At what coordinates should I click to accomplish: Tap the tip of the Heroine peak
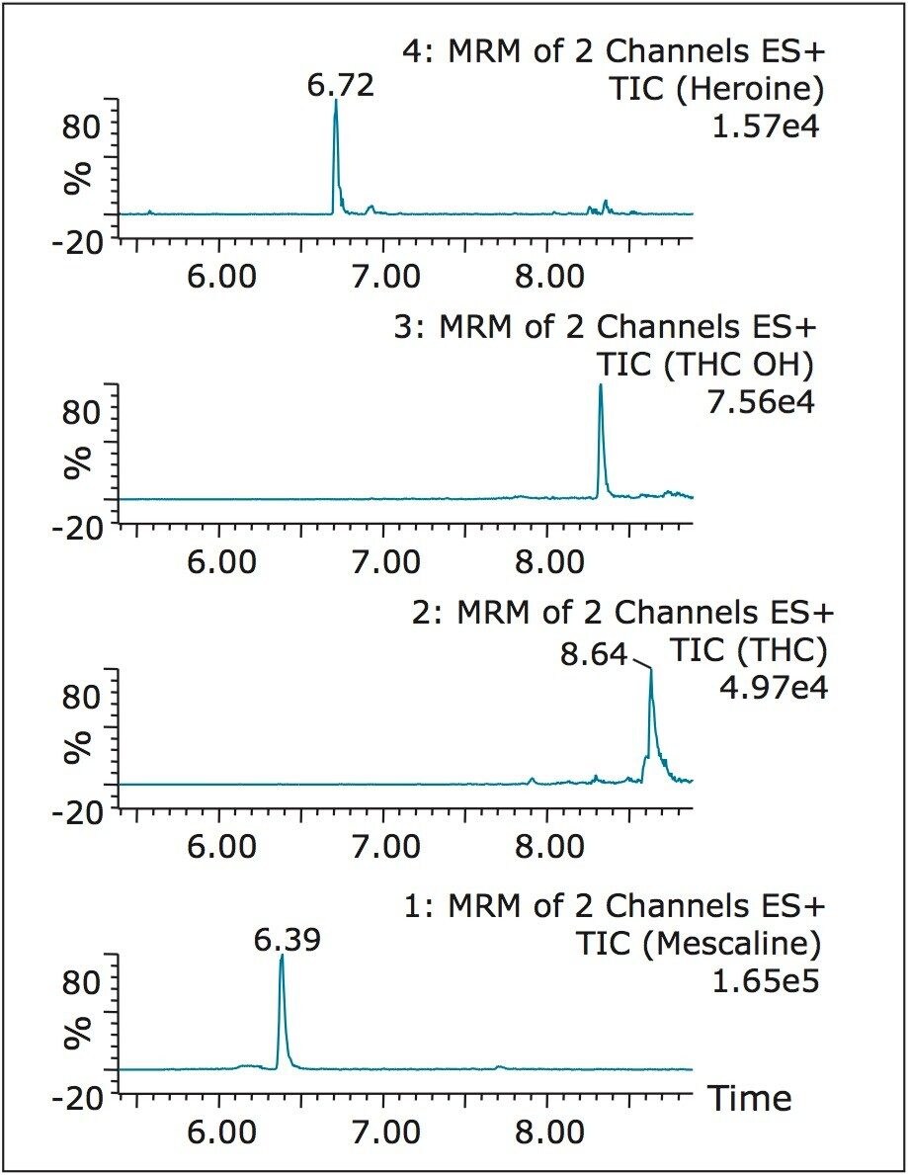(336, 101)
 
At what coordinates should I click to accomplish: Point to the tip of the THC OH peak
(600, 385)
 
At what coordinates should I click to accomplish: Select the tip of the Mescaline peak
(282, 956)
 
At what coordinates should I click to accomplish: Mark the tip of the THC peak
(650, 670)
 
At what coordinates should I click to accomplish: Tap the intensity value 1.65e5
(768, 979)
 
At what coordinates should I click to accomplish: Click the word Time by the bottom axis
(748, 1098)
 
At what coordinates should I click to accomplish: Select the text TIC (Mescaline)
(700, 944)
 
